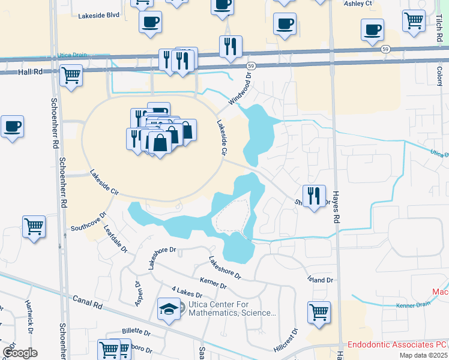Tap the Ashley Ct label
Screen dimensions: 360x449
(358, 4)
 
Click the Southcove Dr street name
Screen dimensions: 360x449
(88, 221)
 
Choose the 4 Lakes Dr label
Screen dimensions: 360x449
(186, 293)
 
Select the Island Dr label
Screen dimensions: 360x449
(321, 280)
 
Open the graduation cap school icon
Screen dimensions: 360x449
(168, 308)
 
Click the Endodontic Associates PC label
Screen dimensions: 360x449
(397, 345)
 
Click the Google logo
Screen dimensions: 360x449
(20, 352)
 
